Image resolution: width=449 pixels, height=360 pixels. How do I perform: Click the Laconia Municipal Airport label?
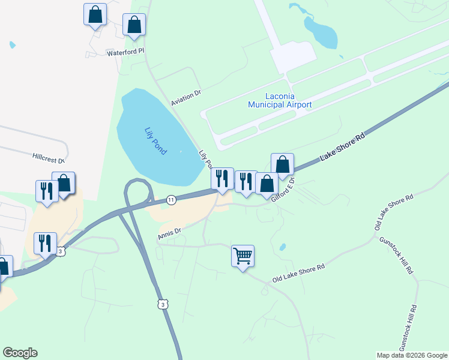tap(280, 100)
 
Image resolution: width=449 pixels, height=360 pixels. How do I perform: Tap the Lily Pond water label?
tap(155, 141)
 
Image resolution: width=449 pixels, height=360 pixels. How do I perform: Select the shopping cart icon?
tap(243, 256)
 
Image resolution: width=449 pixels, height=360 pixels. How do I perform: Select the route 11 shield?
tap(171, 200)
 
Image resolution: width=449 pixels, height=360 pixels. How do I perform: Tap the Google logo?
tap(20, 353)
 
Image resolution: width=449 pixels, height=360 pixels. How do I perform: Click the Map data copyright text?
tap(411, 355)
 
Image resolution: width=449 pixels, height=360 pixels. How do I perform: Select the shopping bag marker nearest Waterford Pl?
tap(134, 25)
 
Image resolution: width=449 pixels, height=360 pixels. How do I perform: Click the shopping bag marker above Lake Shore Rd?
tap(282, 165)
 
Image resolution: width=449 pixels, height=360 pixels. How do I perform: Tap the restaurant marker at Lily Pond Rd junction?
tap(221, 178)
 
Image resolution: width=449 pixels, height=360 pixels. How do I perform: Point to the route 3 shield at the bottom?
tap(161, 305)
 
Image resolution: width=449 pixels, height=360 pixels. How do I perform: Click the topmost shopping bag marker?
tap(95, 14)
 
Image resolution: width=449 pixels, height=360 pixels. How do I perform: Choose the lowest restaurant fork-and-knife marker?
tap(46, 243)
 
